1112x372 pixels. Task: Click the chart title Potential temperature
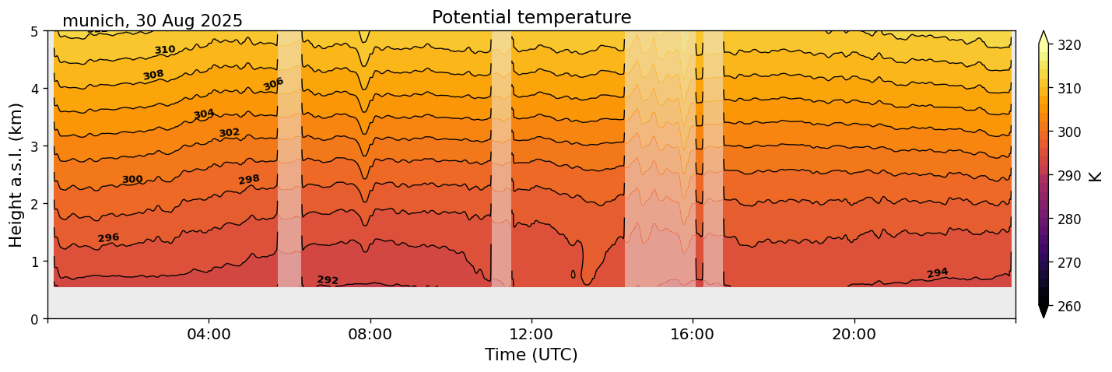pos(531,17)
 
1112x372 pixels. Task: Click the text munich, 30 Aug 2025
pos(153,21)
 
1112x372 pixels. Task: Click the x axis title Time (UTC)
pos(531,356)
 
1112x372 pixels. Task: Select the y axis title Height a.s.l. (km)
pos(16,175)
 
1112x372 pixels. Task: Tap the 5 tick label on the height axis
pos(35,31)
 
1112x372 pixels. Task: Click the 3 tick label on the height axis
pos(35,146)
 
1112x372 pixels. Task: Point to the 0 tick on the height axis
pos(35,319)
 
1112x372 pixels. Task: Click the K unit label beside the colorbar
pos(1096,176)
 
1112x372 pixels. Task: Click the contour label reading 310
pos(165,51)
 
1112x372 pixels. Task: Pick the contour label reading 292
pos(328,280)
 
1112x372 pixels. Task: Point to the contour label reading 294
pos(938,273)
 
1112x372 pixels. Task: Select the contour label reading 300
pos(132,180)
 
